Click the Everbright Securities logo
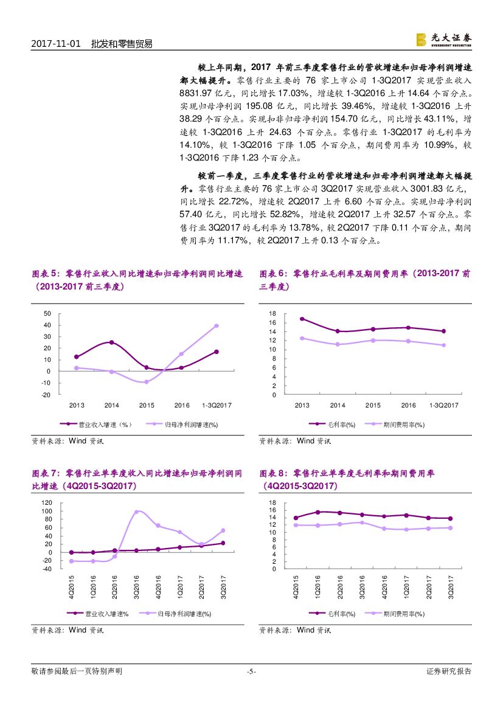[x=443, y=40]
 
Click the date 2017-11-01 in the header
[x=55, y=44]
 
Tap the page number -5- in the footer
[x=251, y=671]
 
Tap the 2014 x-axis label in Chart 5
[x=111, y=405]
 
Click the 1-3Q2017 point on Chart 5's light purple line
[x=217, y=325]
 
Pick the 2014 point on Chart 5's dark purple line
[x=111, y=342]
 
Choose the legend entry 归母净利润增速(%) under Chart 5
[x=182, y=425]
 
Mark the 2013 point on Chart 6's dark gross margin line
[x=302, y=319]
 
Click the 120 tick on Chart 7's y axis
[x=46, y=503]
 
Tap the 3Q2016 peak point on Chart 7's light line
[x=136, y=512]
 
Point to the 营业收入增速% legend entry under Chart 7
[x=106, y=614]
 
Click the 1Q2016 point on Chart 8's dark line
[x=317, y=512]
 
